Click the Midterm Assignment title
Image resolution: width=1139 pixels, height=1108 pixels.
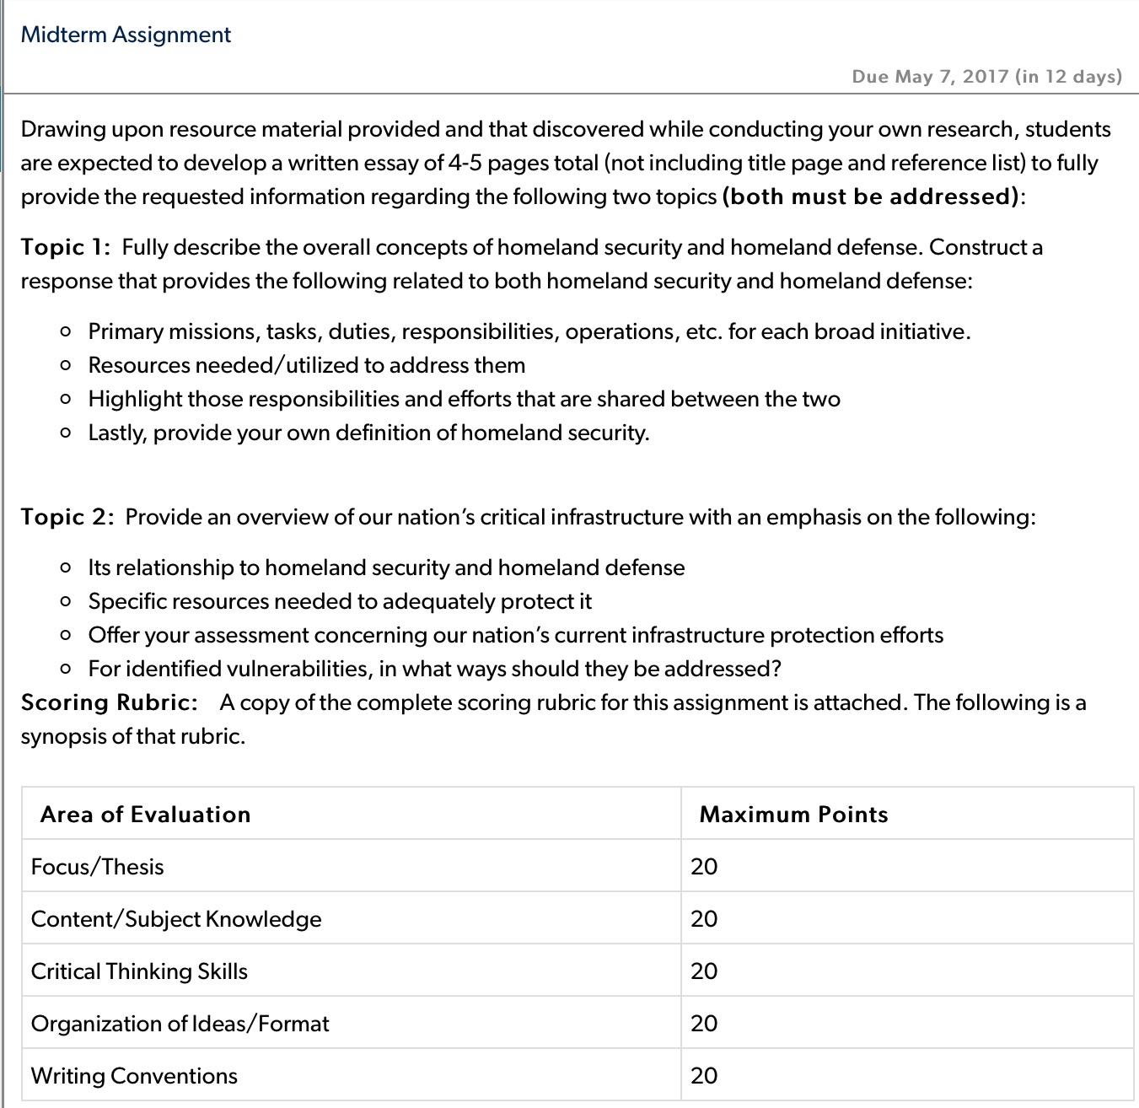coord(126,35)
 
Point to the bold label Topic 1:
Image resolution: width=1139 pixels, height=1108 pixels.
coord(66,247)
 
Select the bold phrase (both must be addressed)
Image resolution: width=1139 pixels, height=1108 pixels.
coord(871,196)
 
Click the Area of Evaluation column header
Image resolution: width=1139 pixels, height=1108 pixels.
coord(145,815)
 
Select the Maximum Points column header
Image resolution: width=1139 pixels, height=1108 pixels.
coord(793,815)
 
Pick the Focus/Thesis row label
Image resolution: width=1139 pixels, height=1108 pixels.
coord(97,867)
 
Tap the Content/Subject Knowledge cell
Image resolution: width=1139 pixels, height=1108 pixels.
coord(176,919)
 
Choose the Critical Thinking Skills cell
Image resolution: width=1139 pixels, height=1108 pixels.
coord(139,971)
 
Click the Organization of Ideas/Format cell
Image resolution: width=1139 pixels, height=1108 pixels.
coord(180,1024)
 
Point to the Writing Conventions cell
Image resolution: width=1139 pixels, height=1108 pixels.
coord(134,1076)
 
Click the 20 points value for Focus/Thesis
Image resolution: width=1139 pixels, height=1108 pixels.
coord(704,867)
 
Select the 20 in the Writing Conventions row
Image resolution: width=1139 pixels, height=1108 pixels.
coord(704,1076)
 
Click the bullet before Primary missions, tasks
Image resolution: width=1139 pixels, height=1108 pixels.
coord(66,332)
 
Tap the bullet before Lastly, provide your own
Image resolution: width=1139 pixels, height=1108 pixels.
coord(66,433)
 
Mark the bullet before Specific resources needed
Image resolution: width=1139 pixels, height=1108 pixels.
coord(66,602)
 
